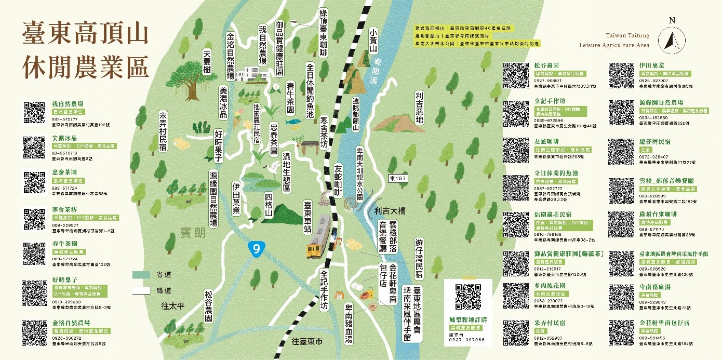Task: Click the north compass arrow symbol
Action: (673, 39)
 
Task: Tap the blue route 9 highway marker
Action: (256, 249)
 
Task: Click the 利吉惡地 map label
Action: (419, 108)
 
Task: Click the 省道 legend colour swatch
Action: (140, 274)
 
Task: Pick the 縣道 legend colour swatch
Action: (140, 290)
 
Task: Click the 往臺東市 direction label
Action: (307, 341)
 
